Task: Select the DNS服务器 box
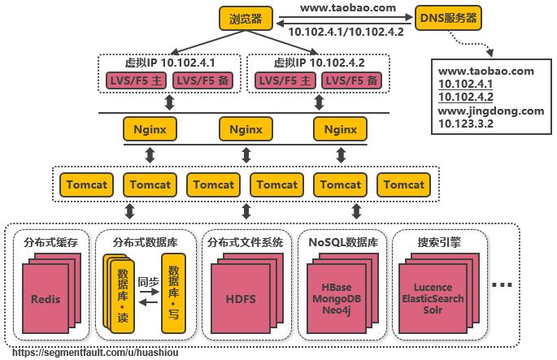[448, 16]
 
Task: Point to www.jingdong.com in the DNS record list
[491, 111]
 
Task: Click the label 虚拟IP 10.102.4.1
[169, 63]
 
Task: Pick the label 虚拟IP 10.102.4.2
[316, 63]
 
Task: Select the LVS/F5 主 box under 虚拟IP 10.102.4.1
[136, 80]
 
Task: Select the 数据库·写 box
[171, 292]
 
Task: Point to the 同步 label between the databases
[147, 282]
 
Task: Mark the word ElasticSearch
[433, 299]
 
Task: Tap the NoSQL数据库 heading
[339, 241]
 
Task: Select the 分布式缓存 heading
[50, 241]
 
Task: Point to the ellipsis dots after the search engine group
[503, 285]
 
